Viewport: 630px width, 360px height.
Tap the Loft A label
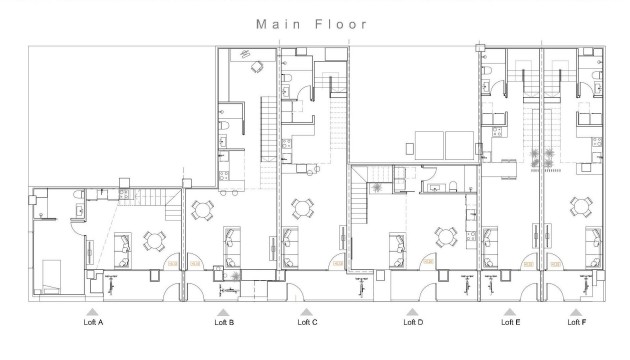click(x=93, y=322)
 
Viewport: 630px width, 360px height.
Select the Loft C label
click(x=308, y=322)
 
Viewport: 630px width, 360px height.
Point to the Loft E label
click(x=510, y=322)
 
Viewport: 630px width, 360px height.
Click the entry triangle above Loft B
click(x=224, y=311)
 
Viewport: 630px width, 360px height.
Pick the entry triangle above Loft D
click(x=412, y=311)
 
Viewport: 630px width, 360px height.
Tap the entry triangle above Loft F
click(x=576, y=311)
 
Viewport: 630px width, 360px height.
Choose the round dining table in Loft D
click(x=443, y=237)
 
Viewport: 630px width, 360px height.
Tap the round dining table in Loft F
click(x=578, y=208)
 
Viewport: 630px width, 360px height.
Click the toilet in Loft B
click(x=227, y=125)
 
